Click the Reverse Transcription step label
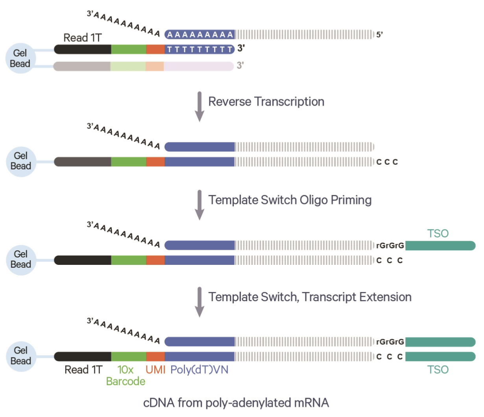point(266,102)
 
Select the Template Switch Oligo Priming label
point(290,200)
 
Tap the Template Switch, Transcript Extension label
point(310,297)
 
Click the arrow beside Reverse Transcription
point(200,107)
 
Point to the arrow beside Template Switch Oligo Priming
point(200,205)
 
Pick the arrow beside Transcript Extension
point(200,302)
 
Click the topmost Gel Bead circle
point(20,58)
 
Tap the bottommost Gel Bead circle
point(21,356)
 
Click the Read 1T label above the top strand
point(83,37)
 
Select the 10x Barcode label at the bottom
point(126,376)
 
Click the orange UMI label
point(155,370)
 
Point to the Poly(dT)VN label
point(199,370)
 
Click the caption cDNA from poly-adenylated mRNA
point(236,403)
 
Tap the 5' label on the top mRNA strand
point(379,35)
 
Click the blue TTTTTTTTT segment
point(200,49)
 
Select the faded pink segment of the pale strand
point(199,66)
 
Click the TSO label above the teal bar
point(438,233)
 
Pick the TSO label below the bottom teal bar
point(438,370)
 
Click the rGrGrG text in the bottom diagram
point(390,342)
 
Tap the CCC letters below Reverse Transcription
point(387,162)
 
